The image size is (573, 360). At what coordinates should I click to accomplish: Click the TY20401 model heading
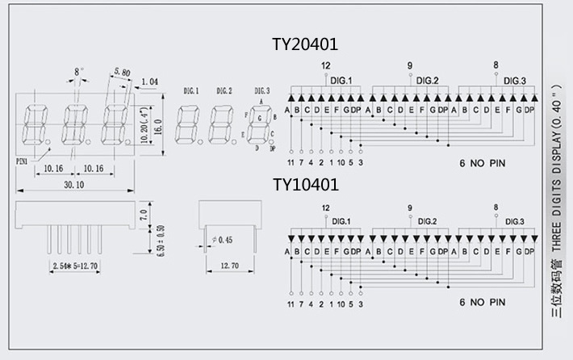click(305, 44)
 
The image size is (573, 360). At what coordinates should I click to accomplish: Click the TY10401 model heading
click(305, 185)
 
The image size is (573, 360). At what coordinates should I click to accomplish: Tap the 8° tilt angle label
click(78, 72)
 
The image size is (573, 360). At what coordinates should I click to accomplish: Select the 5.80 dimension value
click(123, 73)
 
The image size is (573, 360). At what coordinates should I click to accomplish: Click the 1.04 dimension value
click(149, 82)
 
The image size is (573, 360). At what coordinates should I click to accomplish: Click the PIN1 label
click(23, 161)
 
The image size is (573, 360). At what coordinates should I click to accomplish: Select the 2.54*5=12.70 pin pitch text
click(73, 265)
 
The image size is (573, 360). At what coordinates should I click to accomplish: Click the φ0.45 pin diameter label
click(221, 240)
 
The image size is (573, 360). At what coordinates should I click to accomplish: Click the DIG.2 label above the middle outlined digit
click(219, 91)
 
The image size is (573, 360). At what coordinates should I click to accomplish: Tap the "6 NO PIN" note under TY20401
click(483, 162)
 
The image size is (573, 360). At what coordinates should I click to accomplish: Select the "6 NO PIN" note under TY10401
click(483, 303)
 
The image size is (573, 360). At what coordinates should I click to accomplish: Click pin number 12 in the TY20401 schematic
click(326, 65)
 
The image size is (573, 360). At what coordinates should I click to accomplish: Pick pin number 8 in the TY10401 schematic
click(496, 207)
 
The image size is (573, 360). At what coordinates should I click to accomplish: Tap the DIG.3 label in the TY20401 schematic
click(514, 81)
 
